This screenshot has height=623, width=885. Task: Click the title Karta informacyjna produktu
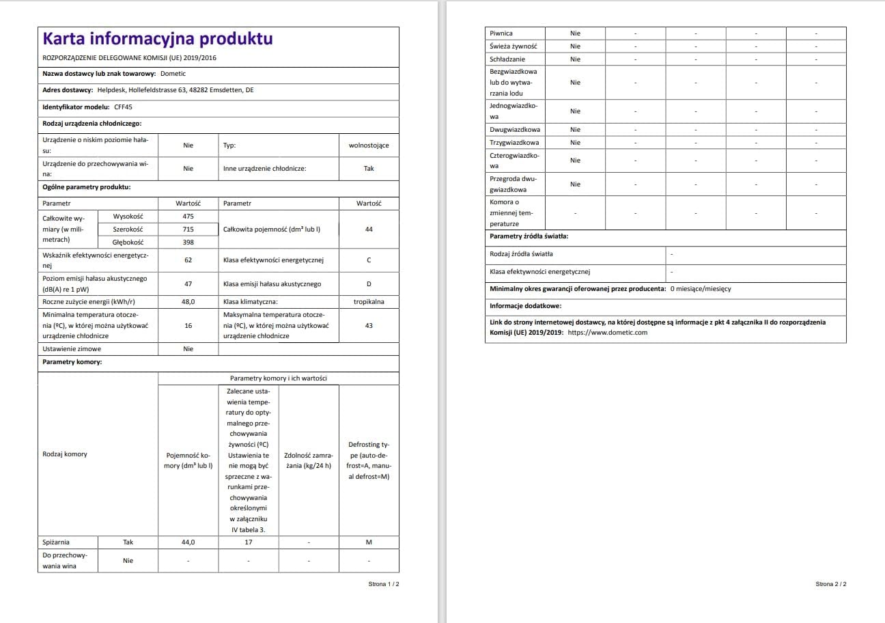158,38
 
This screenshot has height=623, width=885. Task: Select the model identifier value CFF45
124,107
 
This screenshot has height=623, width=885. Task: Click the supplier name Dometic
173,74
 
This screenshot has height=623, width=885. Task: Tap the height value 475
188,217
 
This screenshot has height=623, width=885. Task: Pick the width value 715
188,230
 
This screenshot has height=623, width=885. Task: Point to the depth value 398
188,243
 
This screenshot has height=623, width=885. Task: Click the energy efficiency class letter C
369,260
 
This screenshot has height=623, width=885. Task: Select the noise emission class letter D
369,284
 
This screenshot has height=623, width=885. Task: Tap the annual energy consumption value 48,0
188,302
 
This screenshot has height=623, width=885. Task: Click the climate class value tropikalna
369,302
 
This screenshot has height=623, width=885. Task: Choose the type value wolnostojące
369,146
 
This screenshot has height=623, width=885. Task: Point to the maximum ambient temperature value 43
369,326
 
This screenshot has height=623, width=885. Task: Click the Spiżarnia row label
56,542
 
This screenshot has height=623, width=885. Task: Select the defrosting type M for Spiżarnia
369,542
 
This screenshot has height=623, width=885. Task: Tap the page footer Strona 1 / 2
383,585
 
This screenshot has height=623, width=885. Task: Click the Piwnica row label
501,33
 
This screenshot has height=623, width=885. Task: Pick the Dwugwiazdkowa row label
515,130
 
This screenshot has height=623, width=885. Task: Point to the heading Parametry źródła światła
529,237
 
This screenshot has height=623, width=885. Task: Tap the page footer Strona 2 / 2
830,585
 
